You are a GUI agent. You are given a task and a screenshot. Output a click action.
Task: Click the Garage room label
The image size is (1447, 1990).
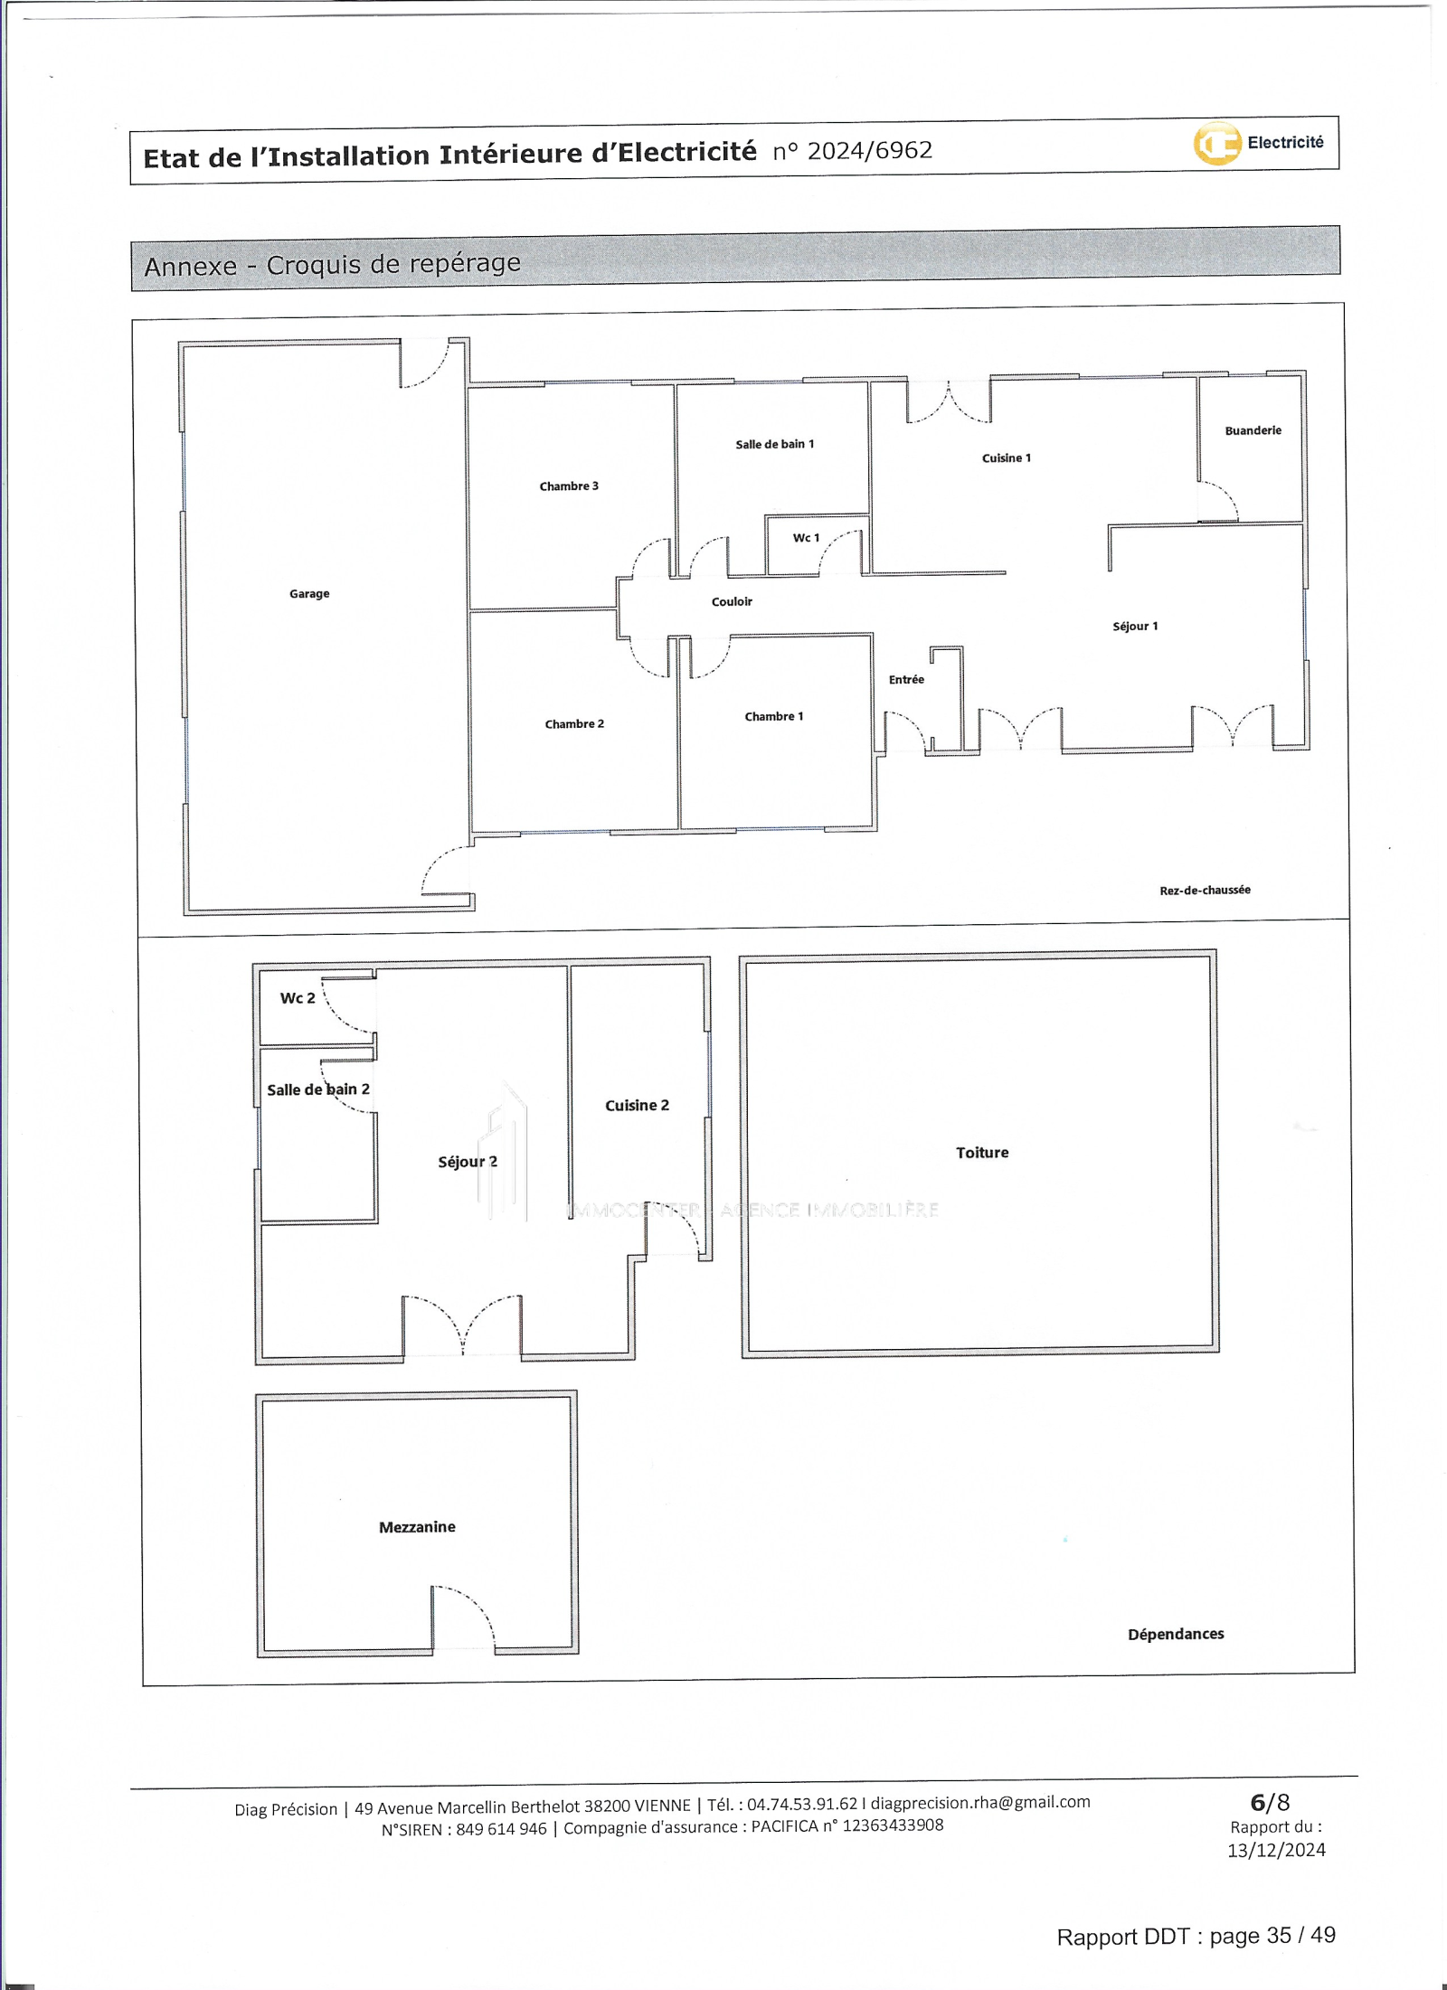pyautogui.click(x=309, y=594)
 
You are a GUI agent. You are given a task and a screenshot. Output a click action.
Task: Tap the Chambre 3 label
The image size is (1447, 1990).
pyautogui.click(x=569, y=486)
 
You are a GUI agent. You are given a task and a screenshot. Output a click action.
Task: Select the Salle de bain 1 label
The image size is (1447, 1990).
pyautogui.click(x=775, y=444)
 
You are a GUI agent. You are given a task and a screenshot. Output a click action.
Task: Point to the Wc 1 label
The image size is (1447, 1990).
pyautogui.click(x=806, y=538)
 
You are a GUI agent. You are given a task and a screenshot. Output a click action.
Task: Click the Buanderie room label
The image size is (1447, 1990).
pyautogui.click(x=1253, y=430)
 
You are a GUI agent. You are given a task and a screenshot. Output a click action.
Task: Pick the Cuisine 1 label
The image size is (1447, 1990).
pyautogui.click(x=1007, y=457)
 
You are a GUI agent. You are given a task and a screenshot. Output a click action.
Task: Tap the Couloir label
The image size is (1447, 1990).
pyautogui.click(x=732, y=601)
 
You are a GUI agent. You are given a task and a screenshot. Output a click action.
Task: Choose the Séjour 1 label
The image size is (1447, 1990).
pyautogui.click(x=1135, y=626)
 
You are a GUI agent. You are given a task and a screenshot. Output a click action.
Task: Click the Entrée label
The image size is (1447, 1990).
pyautogui.click(x=906, y=679)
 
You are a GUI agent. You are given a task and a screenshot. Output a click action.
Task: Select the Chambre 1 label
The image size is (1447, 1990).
pyautogui.click(x=774, y=716)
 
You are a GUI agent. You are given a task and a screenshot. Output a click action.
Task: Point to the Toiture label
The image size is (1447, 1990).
pyautogui.click(x=982, y=1152)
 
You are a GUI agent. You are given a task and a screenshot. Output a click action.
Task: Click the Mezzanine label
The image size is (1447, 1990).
pyautogui.click(x=417, y=1526)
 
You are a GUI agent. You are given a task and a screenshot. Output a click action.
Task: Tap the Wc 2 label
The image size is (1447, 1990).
pyautogui.click(x=298, y=997)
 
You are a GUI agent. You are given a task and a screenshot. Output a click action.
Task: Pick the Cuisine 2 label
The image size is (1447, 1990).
pyautogui.click(x=638, y=1105)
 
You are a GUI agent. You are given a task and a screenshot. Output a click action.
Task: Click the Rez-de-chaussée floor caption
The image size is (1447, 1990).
pyautogui.click(x=1205, y=890)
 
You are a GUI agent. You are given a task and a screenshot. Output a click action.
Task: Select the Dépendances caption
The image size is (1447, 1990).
pyautogui.click(x=1176, y=1634)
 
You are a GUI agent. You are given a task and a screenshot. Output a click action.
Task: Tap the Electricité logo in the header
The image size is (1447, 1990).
pyautogui.click(x=1259, y=143)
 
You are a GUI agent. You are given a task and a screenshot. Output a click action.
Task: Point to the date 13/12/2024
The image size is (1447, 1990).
pyautogui.click(x=1276, y=1850)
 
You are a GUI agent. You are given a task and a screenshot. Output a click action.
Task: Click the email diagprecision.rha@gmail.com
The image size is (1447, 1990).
pyautogui.click(x=980, y=1802)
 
